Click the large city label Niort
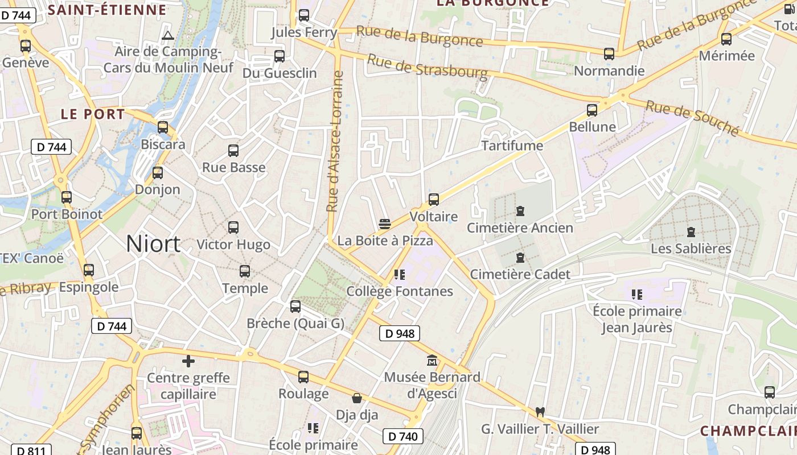click(153, 243)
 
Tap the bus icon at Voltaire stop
click(434, 200)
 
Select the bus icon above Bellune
click(592, 110)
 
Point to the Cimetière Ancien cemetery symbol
click(520, 211)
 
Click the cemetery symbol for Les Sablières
click(691, 231)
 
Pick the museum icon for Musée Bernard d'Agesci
click(432, 361)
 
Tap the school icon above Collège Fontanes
click(400, 275)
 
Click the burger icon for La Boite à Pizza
click(385, 224)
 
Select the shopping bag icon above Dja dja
click(357, 398)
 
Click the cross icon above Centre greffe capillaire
click(188, 361)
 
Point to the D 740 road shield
click(403, 436)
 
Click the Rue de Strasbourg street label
click(428, 67)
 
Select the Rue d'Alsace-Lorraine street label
click(335, 142)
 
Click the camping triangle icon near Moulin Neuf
click(167, 36)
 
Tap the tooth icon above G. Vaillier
click(540, 412)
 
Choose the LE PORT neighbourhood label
click(93, 114)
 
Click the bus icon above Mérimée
click(726, 39)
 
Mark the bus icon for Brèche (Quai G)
click(295, 307)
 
